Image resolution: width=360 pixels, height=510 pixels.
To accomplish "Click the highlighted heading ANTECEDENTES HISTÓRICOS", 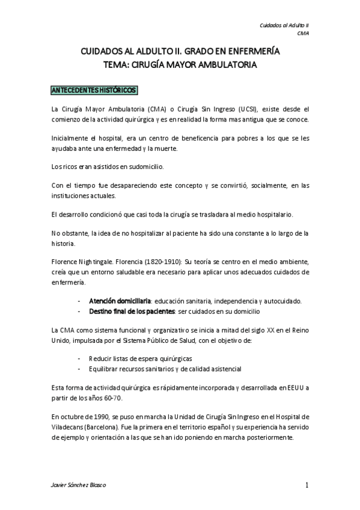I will pyautogui.click(x=95, y=90).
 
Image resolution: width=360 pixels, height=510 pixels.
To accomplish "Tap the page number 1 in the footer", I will pyautogui.click(x=307, y=485).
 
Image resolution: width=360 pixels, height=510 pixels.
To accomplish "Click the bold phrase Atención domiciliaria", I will pyautogui.click(x=120, y=301).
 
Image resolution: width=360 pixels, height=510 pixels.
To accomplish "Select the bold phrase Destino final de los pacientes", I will pyautogui.click(x=132, y=312).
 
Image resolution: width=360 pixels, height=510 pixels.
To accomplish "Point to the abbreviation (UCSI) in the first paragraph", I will pyautogui.click(x=244, y=109).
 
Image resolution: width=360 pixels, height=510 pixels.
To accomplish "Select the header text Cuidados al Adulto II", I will pyautogui.click(x=284, y=26).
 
